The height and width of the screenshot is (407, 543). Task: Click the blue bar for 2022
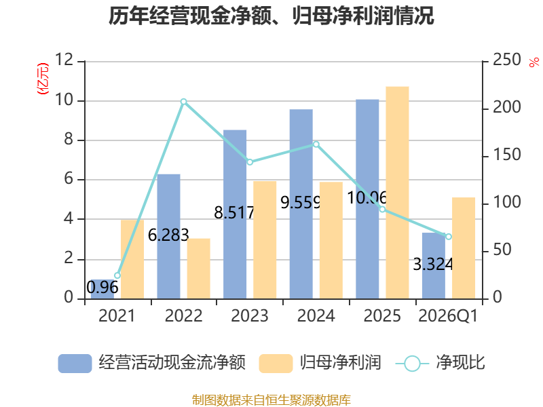168,236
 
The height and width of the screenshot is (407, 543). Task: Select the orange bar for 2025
397,193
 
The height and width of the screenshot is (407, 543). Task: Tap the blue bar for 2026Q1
434,266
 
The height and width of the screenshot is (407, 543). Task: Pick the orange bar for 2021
132,259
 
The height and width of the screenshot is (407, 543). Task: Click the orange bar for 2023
265,240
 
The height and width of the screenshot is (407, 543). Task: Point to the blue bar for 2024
301,204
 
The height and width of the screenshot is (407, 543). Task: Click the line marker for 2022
183,102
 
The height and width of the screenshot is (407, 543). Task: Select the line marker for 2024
316,144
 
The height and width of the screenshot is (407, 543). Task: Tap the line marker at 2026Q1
449,237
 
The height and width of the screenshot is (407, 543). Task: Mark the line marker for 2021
117,275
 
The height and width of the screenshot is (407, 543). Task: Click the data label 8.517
234,212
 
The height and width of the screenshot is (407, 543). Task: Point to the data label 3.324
433,265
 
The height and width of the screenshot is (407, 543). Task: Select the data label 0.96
102,288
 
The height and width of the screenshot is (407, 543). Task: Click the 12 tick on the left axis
64,60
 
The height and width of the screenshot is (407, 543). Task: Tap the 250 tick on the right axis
506,60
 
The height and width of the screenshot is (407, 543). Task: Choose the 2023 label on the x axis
250,316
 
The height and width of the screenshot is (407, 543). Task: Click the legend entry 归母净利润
320,363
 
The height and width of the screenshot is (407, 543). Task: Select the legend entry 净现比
440,363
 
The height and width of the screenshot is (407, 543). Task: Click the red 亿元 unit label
43,79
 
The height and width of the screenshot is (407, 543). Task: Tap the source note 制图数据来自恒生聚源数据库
271,400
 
